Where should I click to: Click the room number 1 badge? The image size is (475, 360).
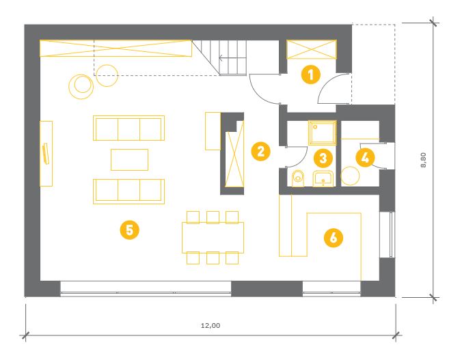[x=311, y=74]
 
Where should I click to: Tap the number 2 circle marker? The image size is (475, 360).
[x=260, y=151]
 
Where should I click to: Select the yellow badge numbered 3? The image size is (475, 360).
[x=323, y=158]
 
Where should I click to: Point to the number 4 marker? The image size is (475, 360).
[x=365, y=157]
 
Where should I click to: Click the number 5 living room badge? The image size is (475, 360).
[x=129, y=230]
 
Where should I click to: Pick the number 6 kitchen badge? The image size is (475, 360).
[x=334, y=237]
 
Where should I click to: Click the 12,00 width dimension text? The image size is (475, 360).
[x=211, y=326]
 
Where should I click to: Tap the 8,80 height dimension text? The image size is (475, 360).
[x=423, y=160]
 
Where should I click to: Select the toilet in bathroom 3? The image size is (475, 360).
[x=298, y=178]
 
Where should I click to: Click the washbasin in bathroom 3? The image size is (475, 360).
[x=323, y=179]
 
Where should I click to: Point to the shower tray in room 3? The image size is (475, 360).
[x=323, y=133]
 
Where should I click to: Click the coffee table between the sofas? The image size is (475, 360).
[x=129, y=160]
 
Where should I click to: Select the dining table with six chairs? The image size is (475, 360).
[x=213, y=238]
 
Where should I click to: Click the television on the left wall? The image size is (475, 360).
[x=46, y=154]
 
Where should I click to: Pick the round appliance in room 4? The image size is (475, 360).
[x=350, y=176]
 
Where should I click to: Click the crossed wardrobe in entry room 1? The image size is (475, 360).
[x=312, y=49]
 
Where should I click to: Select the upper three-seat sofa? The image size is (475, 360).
[x=128, y=128]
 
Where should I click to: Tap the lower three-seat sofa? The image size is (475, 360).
[x=128, y=191]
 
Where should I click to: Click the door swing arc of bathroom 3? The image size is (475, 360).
[x=303, y=157]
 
